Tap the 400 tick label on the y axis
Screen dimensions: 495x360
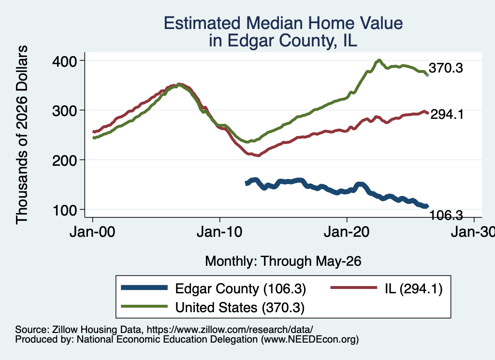(65, 61)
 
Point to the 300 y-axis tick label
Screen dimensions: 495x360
(65, 111)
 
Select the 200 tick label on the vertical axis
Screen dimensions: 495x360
(65, 160)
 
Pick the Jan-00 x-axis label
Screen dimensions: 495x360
(92, 232)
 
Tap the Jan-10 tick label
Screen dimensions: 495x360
(219, 232)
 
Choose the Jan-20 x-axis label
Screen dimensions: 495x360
(347, 232)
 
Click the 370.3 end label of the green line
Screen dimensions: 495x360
(446, 68)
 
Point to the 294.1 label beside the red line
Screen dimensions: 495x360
(447, 114)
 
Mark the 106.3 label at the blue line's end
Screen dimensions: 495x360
(446, 216)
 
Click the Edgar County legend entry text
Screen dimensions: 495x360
(241, 288)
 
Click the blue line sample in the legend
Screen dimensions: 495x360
(144, 288)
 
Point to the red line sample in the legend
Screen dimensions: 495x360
(353, 288)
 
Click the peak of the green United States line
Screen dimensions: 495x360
(379, 60)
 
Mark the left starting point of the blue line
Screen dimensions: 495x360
(247, 183)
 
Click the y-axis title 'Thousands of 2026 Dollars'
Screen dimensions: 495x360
(22, 135)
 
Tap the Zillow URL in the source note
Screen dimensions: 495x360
(230, 330)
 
